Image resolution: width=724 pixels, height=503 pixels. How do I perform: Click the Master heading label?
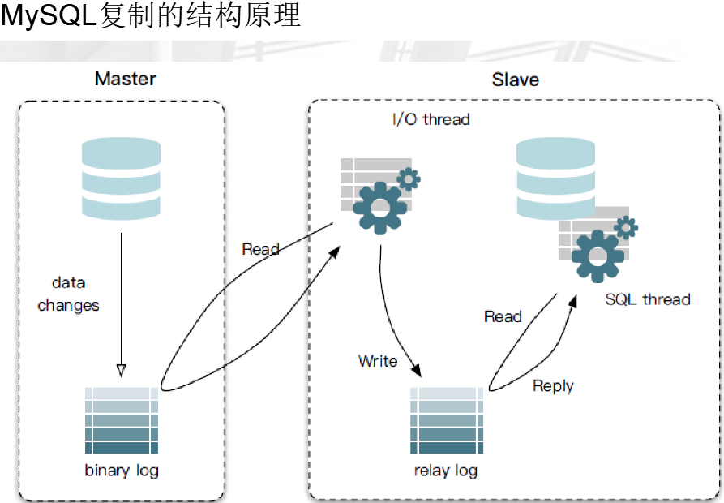[x=125, y=79]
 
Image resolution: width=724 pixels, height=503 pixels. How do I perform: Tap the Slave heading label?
[x=516, y=80]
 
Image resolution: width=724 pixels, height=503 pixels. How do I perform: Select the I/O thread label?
[x=431, y=119]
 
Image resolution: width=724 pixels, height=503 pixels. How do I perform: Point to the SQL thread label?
[x=648, y=299]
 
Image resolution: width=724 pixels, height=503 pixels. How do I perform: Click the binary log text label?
[x=122, y=471]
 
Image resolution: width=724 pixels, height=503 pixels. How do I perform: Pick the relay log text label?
[x=446, y=471]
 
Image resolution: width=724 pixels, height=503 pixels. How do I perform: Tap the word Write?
[x=378, y=361]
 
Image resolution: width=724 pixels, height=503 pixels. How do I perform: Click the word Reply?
[x=553, y=386]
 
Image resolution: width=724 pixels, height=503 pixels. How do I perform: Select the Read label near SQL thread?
[x=503, y=316]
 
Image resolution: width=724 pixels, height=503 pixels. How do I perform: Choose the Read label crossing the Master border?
[x=261, y=249]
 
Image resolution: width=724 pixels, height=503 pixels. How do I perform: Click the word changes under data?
[x=68, y=305]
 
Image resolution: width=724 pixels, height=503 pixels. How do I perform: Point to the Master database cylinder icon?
[x=121, y=178]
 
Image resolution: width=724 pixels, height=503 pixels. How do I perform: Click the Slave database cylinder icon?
[x=555, y=178]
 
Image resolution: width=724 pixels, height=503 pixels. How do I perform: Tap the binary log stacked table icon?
[x=122, y=420]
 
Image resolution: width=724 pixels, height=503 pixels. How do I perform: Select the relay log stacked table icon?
[x=447, y=420]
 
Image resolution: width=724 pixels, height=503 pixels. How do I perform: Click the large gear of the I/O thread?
[x=380, y=208]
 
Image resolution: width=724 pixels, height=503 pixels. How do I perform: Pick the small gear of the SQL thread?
[x=626, y=227]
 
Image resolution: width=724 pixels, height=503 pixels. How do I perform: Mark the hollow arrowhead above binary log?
[x=121, y=371]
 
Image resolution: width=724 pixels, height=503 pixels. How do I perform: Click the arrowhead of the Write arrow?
[x=417, y=370]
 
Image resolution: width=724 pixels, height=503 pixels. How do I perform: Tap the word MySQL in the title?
[x=48, y=15]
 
